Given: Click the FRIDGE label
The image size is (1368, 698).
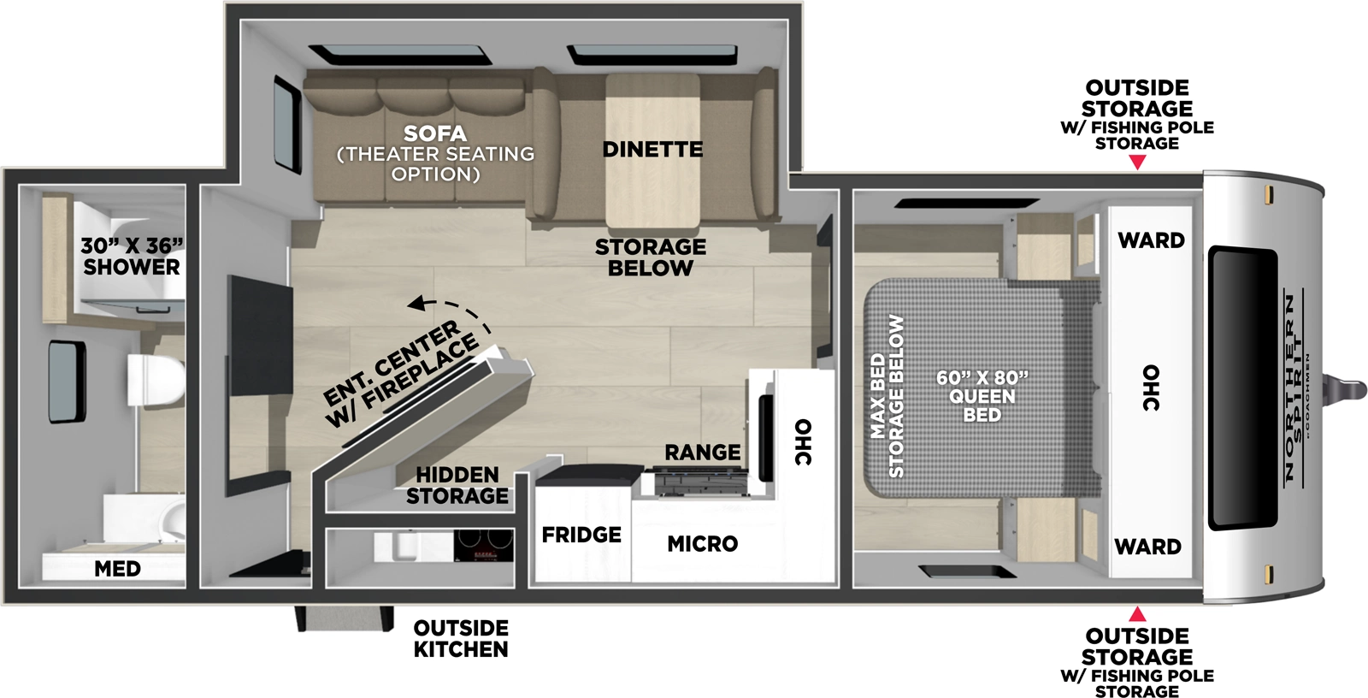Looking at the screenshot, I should pyautogui.click(x=581, y=535).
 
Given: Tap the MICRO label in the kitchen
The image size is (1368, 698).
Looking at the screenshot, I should pyautogui.click(x=702, y=544).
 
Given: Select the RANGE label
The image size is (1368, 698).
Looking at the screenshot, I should pyautogui.click(x=703, y=453).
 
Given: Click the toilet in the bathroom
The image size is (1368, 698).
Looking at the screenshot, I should pyautogui.click(x=156, y=381).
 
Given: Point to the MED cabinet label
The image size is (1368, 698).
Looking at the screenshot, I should pyautogui.click(x=117, y=569).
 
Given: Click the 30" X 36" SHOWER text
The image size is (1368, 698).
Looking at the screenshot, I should pyautogui.click(x=132, y=257).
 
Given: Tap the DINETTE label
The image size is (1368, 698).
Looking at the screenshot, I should pyautogui.click(x=652, y=150).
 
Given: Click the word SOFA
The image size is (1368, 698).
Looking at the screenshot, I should pyautogui.click(x=435, y=134).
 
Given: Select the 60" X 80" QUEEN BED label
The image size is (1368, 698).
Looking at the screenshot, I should pyautogui.click(x=982, y=396).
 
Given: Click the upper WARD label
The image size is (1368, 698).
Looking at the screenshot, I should pyautogui.click(x=1151, y=240).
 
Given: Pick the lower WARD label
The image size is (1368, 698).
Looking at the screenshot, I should pyautogui.click(x=1147, y=547).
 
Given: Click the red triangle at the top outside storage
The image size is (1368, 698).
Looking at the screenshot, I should pyautogui.click(x=1137, y=163).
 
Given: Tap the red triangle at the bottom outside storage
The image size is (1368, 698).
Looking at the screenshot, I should pyautogui.click(x=1137, y=614).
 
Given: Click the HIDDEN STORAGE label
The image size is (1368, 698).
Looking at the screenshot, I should pyautogui.click(x=457, y=486).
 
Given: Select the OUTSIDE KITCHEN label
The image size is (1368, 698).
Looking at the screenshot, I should pyautogui.click(x=461, y=639).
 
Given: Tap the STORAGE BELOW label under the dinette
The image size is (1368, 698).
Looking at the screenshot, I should pyautogui.click(x=651, y=257).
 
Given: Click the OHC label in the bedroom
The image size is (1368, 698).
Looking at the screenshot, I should pyautogui.click(x=1151, y=387).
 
